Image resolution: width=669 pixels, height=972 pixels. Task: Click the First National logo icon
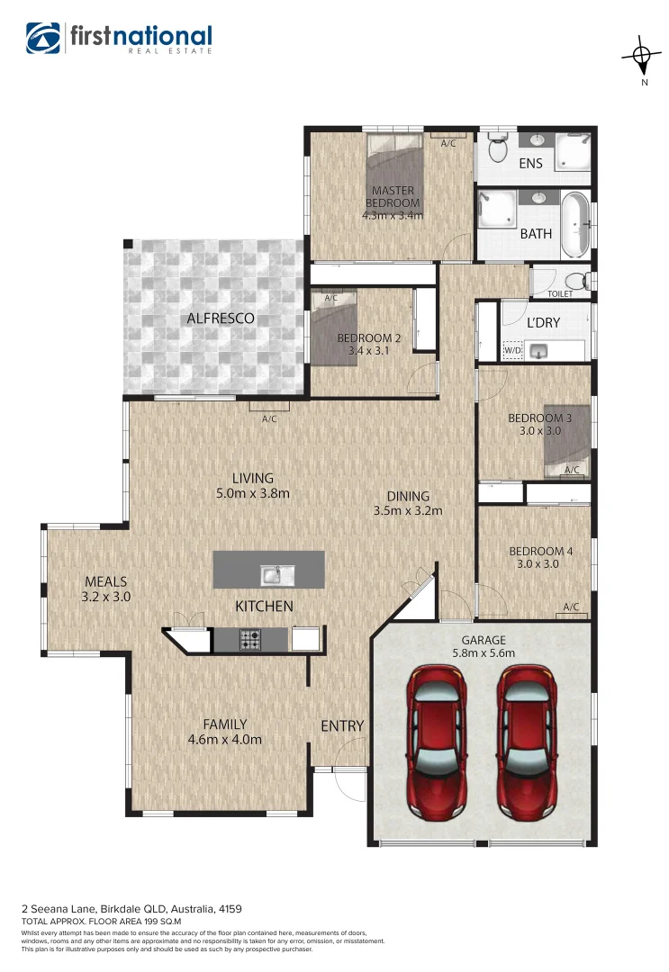coord(44,38)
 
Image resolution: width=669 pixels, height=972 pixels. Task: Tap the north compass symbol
coord(643,58)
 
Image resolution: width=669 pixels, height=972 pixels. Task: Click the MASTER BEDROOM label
coord(393,196)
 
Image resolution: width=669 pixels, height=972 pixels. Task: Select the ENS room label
coord(531,163)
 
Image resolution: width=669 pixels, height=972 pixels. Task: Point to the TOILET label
coord(560,293)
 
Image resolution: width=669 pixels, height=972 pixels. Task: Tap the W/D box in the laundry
coord(512,350)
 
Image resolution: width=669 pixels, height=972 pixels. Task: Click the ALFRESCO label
coord(221,318)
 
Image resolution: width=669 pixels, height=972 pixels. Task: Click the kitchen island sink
coord(271,573)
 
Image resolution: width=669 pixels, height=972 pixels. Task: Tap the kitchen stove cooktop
coord(250,639)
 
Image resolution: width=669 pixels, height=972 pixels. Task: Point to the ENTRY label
coord(342,725)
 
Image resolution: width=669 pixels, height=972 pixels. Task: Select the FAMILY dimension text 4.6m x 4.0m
coord(224,740)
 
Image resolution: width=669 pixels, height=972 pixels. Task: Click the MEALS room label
coord(105,581)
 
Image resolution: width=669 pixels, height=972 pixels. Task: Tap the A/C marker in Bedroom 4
coord(571,607)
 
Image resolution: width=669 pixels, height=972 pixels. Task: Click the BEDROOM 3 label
coord(539,418)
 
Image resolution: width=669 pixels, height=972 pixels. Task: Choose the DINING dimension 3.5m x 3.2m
coord(408,511)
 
